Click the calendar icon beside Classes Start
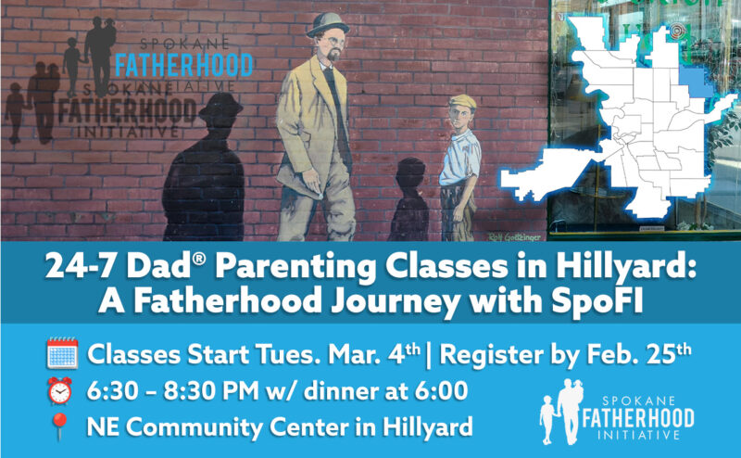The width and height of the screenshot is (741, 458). [x=61, y=354]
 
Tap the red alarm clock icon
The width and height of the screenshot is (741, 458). [x=61, y=391]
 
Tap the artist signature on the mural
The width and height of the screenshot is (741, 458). [x=507, y=234]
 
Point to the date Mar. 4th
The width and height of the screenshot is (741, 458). [x=360, y=354]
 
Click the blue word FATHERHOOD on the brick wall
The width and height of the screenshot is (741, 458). [x=182, y=66]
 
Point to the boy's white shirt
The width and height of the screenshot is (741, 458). [x=458, y=158]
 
